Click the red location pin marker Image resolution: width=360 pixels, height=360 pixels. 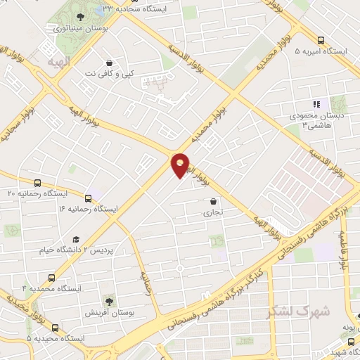[x=180, y=165]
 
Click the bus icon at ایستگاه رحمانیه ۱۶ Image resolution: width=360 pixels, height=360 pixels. [x=88, y=198]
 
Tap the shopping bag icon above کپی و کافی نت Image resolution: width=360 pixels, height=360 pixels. [x=108, y=63]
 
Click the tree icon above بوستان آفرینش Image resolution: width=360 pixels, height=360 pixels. [x=108, y=301]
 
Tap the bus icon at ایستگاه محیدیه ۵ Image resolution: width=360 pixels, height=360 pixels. [x=55, y=328]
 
